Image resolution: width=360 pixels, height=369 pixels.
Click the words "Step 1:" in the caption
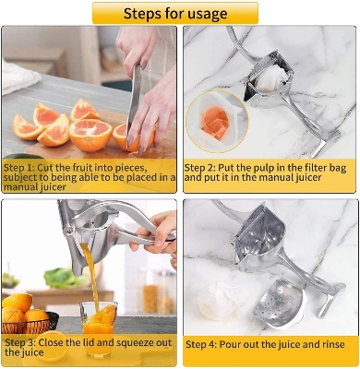tap(21, 167)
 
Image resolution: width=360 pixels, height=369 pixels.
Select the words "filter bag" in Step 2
tap(321, 168)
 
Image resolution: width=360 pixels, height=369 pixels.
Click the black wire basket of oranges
tap(25, 322)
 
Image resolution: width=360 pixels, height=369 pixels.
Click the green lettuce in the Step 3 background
tap(57, 278)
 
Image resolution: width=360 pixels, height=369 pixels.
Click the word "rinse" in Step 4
tap(326, 344)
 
